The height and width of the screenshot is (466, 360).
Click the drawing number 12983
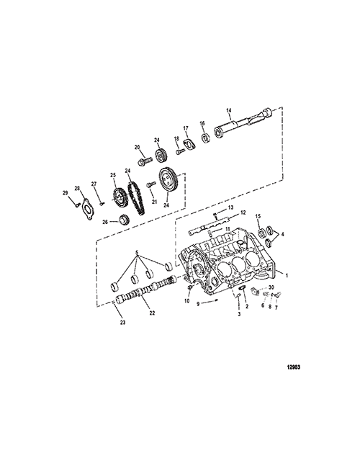pyautogui.click(x=294, y=367)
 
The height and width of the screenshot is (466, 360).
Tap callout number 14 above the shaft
pyautogui.click(x=229, y=110)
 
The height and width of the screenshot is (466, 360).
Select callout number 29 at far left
pyautogui.click(x=65, y=193)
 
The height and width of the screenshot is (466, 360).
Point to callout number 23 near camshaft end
pyautogui.click(x=123, y=323)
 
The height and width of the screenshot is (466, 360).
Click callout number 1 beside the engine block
pyautogui.click(x=287, y=276)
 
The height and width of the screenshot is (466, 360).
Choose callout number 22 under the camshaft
pyautogui.click(x=152, y=313)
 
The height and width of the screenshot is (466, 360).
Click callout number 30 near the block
pyautogui.click(x=271, y=287)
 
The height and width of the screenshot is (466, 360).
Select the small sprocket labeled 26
pyautogui.click(x=123, y=220)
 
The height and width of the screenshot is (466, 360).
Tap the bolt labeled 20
pyautogui.click(x=145, y=161)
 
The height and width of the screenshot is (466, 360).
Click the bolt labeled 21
pyautogui.click(x=151, y=184)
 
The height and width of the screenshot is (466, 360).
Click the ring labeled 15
pyautogui.click(x=261, y=232)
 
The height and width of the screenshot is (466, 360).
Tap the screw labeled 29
pyautogui.click(x=77, y=204)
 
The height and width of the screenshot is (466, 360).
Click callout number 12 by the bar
pyautogui.click(x=243, y=212)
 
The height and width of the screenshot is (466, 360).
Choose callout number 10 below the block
pyautogui.click(x=186, y=301)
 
